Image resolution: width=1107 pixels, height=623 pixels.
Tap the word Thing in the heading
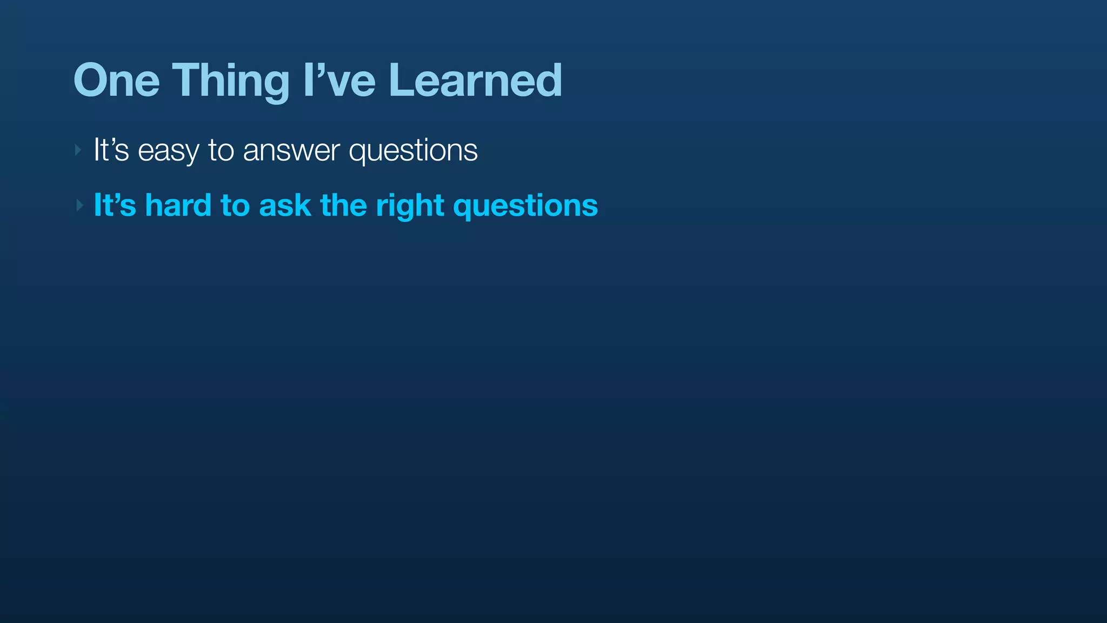(x=231, y=81)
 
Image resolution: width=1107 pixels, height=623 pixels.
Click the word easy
(x=168, y=151)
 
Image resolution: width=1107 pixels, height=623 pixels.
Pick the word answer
(x=291, y=150)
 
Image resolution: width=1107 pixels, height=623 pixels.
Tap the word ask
(x=285, y=206)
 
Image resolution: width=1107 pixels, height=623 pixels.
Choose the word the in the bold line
(x=343, y=205)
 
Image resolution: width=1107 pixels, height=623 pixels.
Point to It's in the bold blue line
(x=115, y=205)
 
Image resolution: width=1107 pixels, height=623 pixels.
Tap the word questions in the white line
(x=413, y=151)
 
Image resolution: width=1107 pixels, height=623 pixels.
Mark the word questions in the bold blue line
(x=525, y=206)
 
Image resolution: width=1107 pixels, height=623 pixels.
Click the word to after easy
(x=221, y=150)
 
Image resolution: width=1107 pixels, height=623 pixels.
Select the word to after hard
(x=235, y=206)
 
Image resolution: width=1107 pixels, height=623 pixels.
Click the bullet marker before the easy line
(x=78, y=150)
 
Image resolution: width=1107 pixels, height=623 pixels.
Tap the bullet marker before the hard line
(x=79, y=206)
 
